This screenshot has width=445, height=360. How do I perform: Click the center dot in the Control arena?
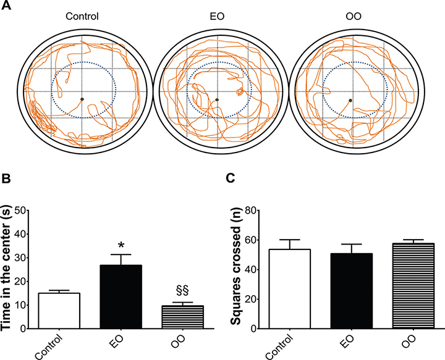click(x=82, y=99)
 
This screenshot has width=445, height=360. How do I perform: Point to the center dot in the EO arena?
click(x=217, y=99)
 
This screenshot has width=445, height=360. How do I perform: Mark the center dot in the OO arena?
click(x=351, y=99)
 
